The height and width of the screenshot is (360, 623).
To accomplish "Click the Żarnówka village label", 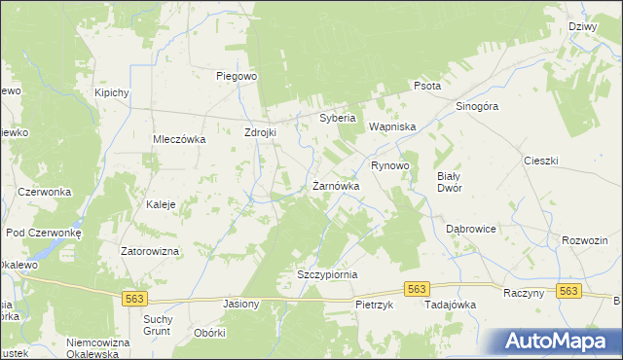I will [x=336, y=186].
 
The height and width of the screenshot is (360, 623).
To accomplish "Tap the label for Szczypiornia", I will [x=327, y=275].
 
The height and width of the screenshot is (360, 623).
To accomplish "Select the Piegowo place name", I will [x=236, y=75].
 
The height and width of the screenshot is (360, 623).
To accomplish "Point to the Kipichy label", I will [x=112, y=92].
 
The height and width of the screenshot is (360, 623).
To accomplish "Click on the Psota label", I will [x=427, y=86].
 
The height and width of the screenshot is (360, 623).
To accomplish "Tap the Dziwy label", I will [x=582, y=27].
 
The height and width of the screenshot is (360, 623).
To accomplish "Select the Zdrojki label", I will [x=262, y=132].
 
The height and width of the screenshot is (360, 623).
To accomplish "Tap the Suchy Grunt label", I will [x=158, y=325].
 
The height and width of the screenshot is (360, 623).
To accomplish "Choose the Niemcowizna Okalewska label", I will [x=98, y=347].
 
